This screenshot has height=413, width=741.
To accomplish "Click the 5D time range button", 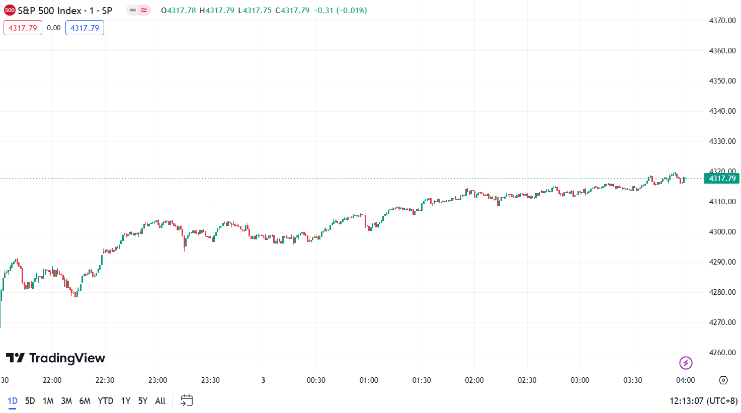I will click(x=30, y=401).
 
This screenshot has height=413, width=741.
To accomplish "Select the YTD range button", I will click(x=105, y=401).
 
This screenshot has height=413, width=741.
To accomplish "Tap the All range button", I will click(x=160, y=401).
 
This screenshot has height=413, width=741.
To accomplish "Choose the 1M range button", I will click(x=48, y=401).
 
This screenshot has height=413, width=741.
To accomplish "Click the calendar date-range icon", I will click(x=187, y=400).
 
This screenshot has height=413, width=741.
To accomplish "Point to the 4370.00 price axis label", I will click(x=722, y=21).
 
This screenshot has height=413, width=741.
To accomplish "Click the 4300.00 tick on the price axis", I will click(x=722, y=232).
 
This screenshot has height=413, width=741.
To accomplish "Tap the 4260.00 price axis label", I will click(x=722, y=353).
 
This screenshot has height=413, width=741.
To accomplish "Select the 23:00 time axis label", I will click(x=157, y=380).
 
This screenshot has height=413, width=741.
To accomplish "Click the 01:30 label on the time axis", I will click(x=422, y=380).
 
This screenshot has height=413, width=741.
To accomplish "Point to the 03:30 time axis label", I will click(x=632, y=380).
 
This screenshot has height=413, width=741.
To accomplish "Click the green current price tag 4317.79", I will click(x=722, y=179).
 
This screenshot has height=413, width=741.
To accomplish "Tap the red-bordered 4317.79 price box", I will click(x=23, y=28).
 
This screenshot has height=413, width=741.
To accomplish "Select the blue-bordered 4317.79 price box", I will click(x=85, y=28).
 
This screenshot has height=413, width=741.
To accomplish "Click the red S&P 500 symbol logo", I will click(x=10, y=11).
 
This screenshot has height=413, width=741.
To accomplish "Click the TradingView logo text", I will click(x=56, y=358).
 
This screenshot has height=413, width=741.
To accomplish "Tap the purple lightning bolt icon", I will click(x=686, y=363).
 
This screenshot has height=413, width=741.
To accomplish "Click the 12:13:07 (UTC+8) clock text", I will click(x=703, y=401).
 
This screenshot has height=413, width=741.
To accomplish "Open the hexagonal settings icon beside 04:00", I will click(x=723, y=380).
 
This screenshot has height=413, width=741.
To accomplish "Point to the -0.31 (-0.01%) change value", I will click(x=340, y=11).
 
